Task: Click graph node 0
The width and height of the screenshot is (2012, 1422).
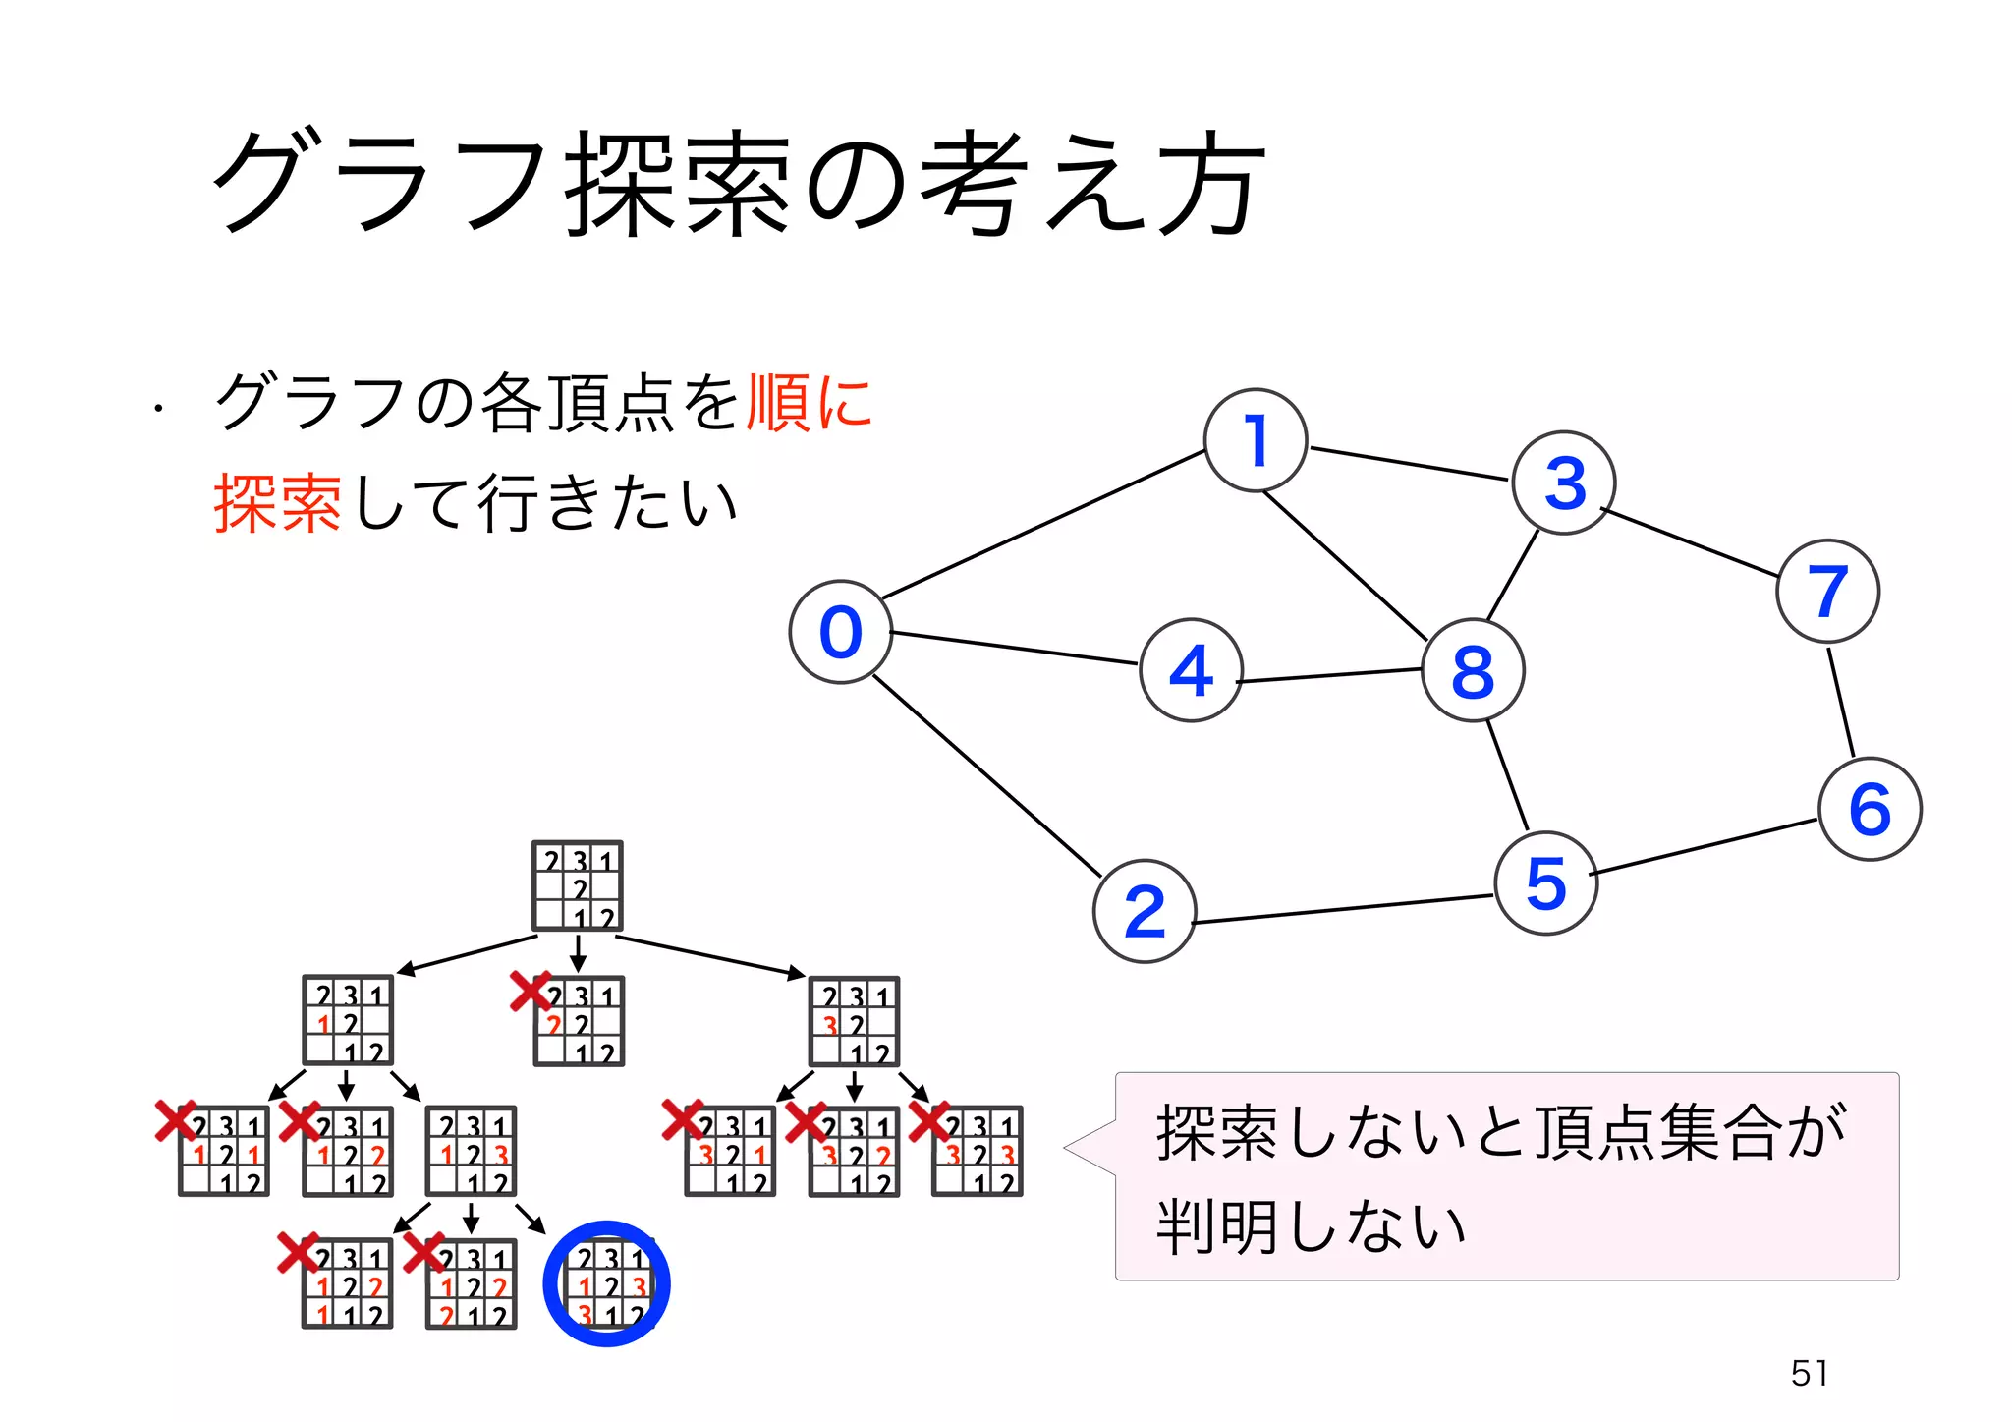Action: pos(840,632)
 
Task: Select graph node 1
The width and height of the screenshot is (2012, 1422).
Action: pos(1255,440)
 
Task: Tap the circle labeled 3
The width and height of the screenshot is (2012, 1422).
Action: pos(1563,483)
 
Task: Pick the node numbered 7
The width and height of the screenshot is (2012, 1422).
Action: pos(1827,591)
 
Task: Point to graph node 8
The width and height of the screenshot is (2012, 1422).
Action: pos(1473,671)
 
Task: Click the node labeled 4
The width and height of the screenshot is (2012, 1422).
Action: pos(1191,670)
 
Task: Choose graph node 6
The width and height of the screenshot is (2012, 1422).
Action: pos(1870,809)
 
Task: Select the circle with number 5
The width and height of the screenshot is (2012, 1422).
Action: pos(1545,882)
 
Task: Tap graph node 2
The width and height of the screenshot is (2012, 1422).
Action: pos(1144,911)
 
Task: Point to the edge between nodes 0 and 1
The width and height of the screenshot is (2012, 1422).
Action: pos(1043,525)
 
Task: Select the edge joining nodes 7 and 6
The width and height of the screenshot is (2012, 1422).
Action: pos(1841,701)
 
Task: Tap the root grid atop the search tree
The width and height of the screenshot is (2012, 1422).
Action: pos(578,886)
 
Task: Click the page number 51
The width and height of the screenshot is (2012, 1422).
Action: pos(1809,1373)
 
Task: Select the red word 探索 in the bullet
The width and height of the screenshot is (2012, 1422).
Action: pos(277,503)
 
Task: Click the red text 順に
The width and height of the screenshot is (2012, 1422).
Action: pos(809,403)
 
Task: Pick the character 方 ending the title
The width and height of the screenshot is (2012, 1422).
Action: pos(1209,184)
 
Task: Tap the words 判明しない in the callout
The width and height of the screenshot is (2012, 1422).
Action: pos(1311,1226)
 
